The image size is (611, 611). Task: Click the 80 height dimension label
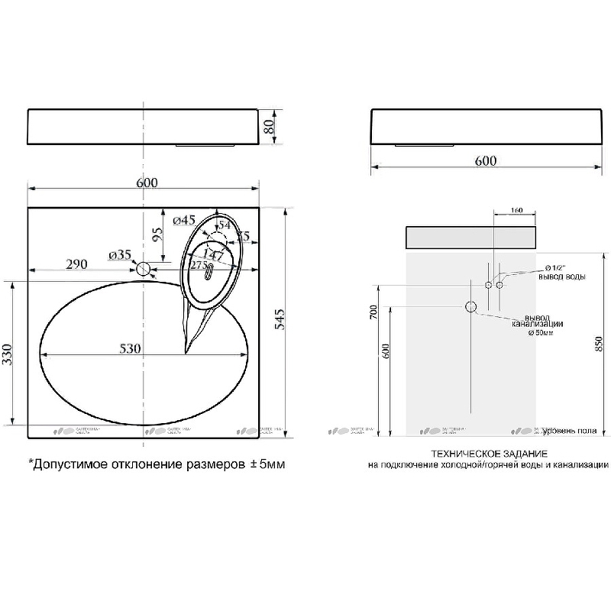click(x=269, y=127)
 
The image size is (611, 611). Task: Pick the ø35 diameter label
click(x=120, y=254)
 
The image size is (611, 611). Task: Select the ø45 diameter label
click(x=186, y=221)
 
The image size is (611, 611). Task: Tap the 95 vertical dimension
click(x=157, y=234)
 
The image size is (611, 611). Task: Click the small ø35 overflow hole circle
click(x=144, y=269)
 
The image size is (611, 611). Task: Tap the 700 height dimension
click(x=372, y=312)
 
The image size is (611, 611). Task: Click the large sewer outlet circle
click(x=471, y=308)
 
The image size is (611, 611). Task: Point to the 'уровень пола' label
click(x=568, y=431)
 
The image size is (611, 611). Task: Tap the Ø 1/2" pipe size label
click(x=554, y=267)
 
